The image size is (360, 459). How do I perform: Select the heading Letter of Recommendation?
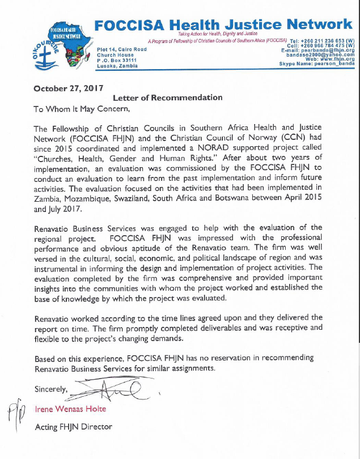pos(167,97)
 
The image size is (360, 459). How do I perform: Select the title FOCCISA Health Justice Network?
pos(222,25)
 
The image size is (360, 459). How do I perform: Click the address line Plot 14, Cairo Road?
pos(122,50)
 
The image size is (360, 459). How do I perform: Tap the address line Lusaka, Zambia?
pos(117,66)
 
